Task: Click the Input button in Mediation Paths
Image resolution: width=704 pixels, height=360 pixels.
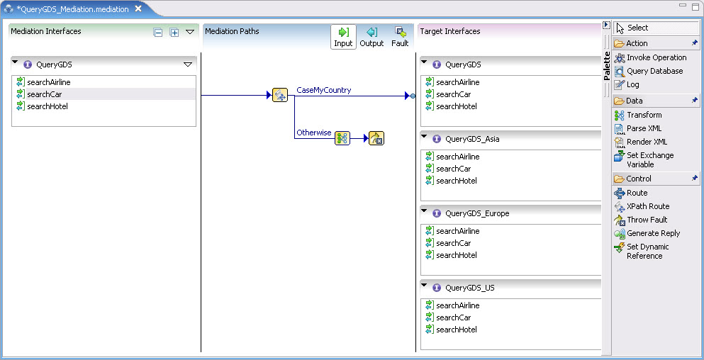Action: pyautogui.click(x=343, y=37)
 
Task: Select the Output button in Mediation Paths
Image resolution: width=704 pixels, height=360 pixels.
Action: pyautogui.click(x=371, y=37)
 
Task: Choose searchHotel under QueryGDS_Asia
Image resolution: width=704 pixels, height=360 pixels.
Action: pyautogui.click(x=456, y=181)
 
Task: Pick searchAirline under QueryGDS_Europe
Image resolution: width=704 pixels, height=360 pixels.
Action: pyautogui.click(x=457, y=231)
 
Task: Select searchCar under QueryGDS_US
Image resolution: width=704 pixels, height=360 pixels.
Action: pyautogui.click(x=453, y=317)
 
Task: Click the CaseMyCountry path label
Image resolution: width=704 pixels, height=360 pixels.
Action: pyautogui.click(x=323, y=90)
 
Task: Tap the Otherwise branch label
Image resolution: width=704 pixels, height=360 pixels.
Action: pyautogui.click(x=313, y=133)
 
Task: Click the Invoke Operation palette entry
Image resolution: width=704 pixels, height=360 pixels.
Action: pyautogui.click(x=656, y=57)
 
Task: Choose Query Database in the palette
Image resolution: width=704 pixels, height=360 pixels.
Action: pyautogui.click(x=654, y=71)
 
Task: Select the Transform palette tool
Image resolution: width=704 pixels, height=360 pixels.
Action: pyautogui.click(x=644, y=115)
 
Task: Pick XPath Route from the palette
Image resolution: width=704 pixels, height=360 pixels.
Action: pyautogui.click(x=647, y=206)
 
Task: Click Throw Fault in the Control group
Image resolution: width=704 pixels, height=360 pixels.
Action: pyautogui.click(x=647, y=220)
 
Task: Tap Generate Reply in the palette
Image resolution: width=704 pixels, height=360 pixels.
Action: pyautogui.click(x=653, y=233)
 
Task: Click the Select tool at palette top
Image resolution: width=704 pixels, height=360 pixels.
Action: pyautogui.click(x=637, y=28)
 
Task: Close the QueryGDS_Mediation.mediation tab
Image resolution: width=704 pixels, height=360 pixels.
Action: pyautogui.click(x=138, y=9)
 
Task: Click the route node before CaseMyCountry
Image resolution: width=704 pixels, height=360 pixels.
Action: pyautogui.click(x=279, y=95)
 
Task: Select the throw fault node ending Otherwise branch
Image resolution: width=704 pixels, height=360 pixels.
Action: pyautogui.click(x=376, y=138)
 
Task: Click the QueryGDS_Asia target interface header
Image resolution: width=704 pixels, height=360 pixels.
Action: pyautogui.click(x=472, y=139)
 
